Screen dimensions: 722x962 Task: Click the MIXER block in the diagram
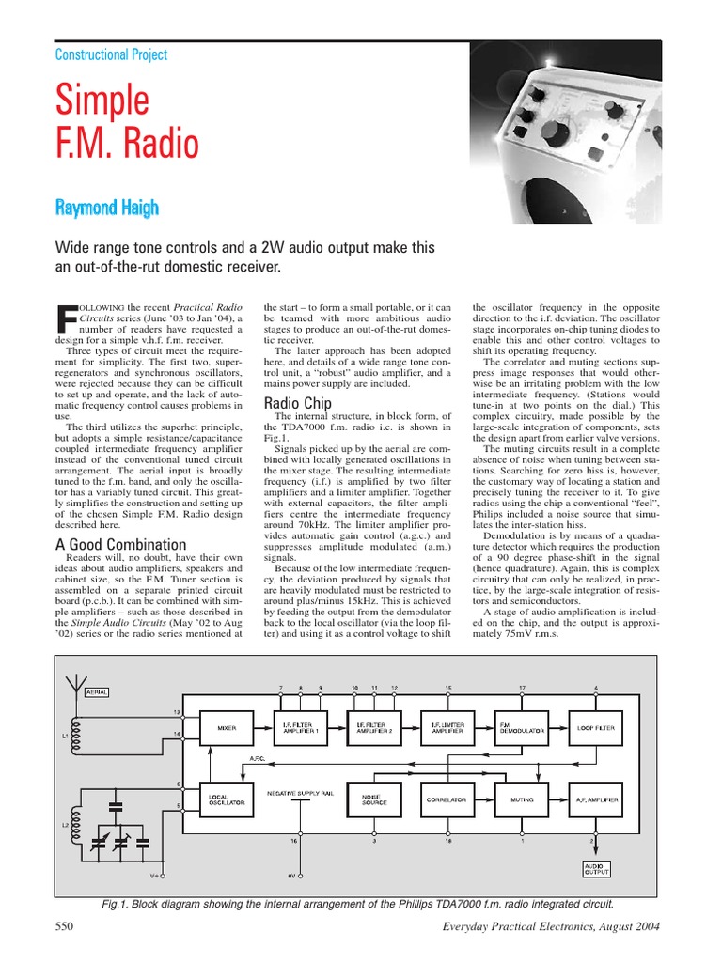click(227, 727)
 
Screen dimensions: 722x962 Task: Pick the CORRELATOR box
click(445, 799)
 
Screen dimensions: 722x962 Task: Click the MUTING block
click(522, 799)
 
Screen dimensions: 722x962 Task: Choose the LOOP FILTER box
click(596, 727)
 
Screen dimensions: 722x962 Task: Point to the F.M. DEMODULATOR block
click(519, 727)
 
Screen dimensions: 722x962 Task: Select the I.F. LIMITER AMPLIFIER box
click(445, 727)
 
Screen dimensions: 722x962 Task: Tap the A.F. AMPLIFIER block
click(596, 799)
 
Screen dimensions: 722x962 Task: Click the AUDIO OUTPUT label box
click(596, 869)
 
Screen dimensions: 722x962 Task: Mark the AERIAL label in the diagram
click(97, 691)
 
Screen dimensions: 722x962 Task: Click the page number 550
click(65, 926)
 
